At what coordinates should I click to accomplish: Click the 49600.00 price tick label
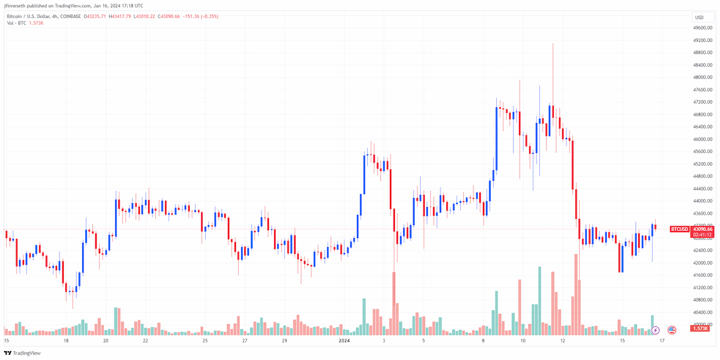pos(703,28)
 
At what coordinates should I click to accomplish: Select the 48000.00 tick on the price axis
pos(703,77)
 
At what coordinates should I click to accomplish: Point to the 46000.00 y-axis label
pos(703,139)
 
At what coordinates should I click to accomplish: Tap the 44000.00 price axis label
pos(703,201)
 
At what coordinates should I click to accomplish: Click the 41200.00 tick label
pos(703,287)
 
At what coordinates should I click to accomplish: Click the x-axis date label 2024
pos(344,341)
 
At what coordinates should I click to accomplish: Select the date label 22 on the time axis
pos(145,341)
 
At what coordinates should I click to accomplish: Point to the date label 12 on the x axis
pos(563,341)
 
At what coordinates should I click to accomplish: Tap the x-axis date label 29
pos(284,341)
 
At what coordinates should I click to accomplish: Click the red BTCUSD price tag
pos(679,229)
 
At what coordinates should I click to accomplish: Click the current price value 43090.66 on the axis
pos(703,229)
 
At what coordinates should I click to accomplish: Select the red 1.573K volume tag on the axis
pos(700,329)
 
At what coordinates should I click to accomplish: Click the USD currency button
pos(700,17)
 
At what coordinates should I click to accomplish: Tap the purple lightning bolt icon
pos(655,330)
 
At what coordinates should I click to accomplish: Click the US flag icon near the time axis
pos(672,330)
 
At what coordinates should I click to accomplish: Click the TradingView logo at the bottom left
pos(22,353)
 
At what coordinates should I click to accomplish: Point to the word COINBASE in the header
pos(70,16)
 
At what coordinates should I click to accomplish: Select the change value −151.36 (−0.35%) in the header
pos(200,16)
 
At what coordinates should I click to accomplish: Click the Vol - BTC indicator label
pos(16,23)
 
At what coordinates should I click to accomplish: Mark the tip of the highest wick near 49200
pos(553,43)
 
